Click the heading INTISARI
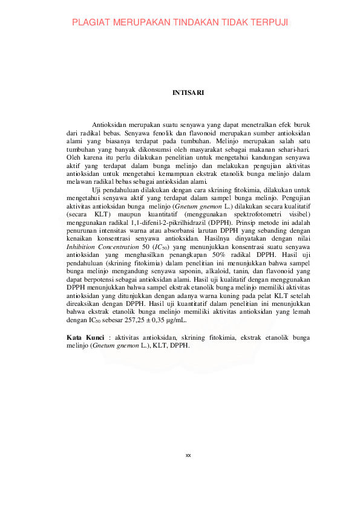tap(188, 93)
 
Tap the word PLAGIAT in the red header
tap(93, 23)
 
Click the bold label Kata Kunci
tap(83, 336)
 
